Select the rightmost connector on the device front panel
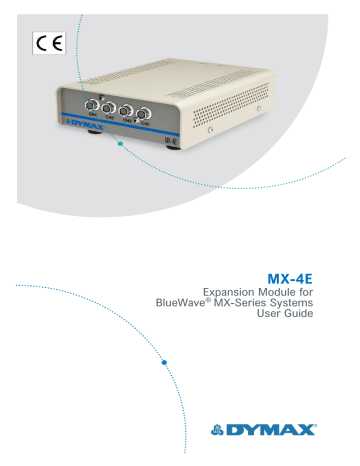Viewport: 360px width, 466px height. pos(147,113)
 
